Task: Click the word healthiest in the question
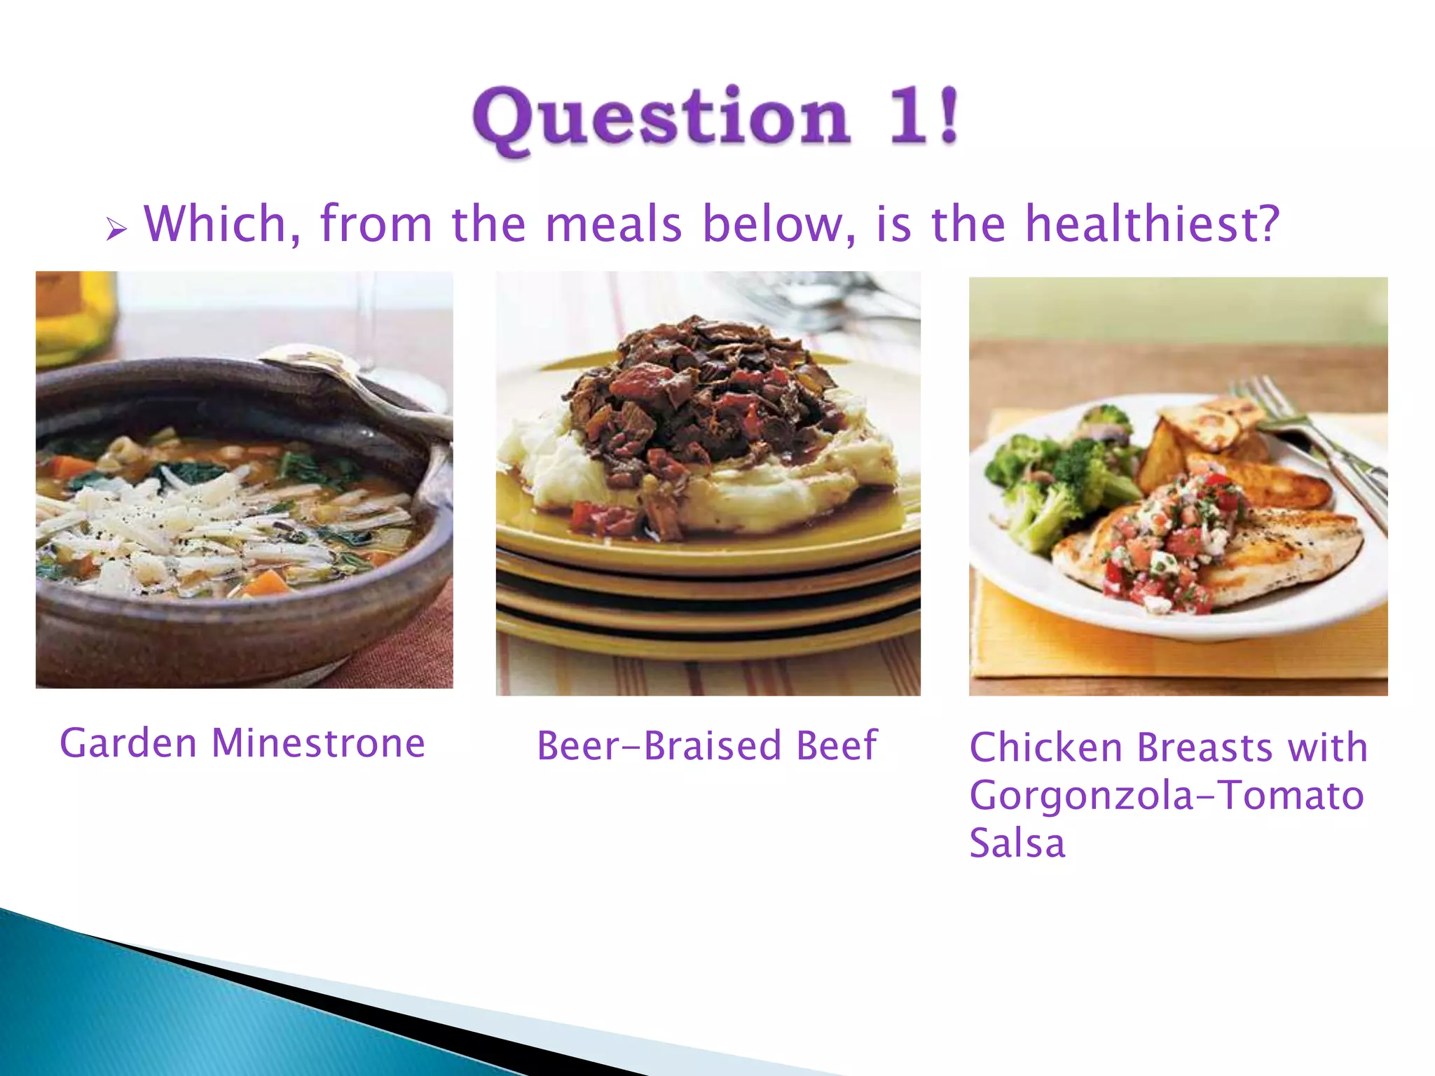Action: click(1152, 224)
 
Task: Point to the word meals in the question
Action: click(614, 224)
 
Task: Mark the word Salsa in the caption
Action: click(1017, 843)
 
